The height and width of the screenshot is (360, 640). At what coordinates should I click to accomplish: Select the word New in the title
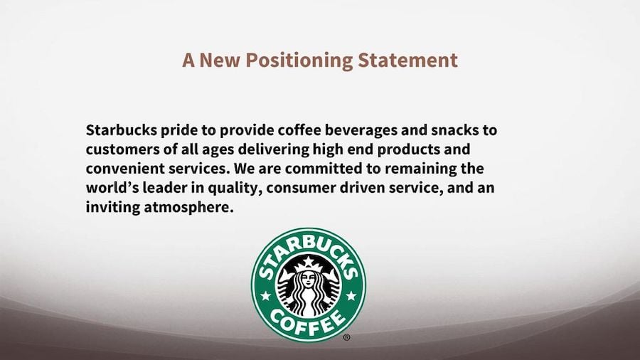coord(220,60)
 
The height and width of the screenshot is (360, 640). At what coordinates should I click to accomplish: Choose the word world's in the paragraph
coord(113,189)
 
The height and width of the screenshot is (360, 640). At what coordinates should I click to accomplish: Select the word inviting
coord(110,208)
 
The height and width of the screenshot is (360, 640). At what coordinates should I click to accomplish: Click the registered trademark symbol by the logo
coord(346,338)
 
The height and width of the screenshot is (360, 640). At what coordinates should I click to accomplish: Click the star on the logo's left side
coord(265,294)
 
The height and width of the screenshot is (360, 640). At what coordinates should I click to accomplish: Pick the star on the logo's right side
coord(351,294)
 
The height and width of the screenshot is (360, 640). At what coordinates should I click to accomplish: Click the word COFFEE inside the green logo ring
coord(309,323)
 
